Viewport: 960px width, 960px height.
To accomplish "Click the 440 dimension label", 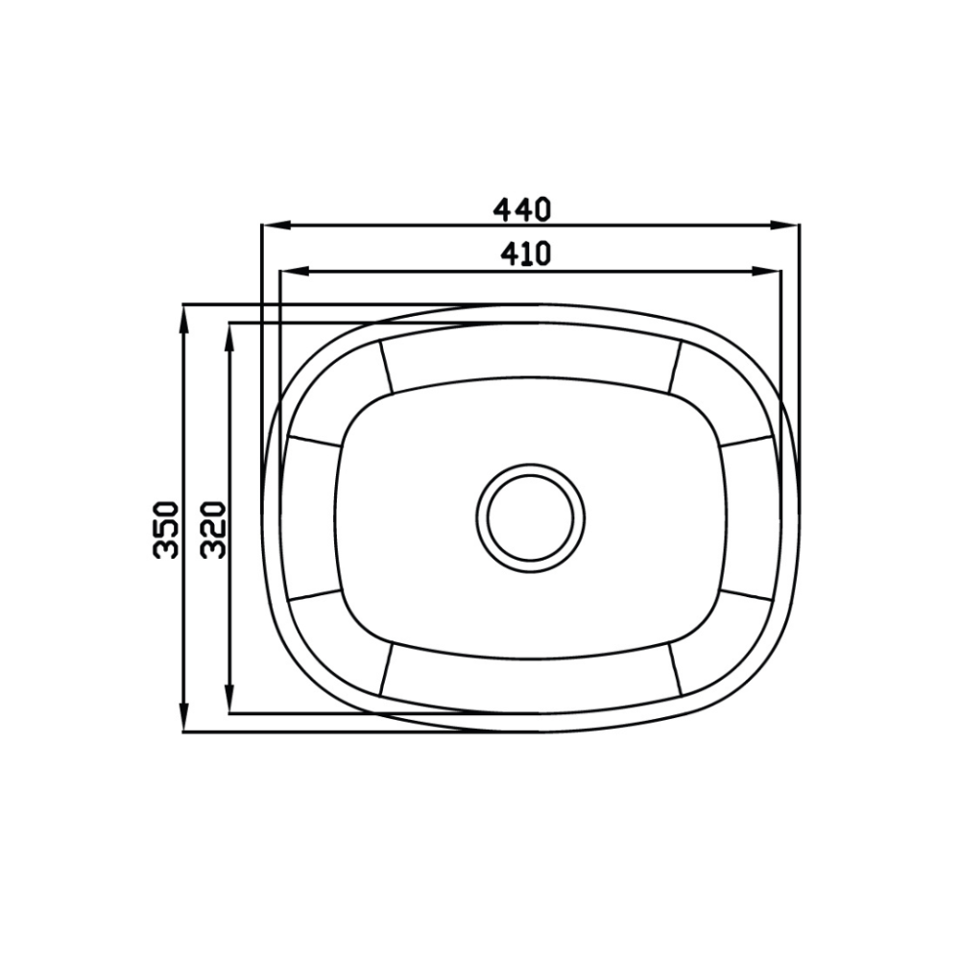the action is (x=522, y=210).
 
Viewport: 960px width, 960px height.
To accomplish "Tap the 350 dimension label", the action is (x=165, y=530).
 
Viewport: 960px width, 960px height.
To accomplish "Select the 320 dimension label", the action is (x=214, y=530).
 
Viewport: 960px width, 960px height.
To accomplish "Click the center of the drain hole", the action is (x=531, y=518).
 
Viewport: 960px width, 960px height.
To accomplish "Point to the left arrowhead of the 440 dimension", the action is (x=275, y=226).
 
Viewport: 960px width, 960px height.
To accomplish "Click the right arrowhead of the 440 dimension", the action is (x=785, y=226).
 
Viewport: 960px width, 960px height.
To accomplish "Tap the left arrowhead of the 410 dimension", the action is (x=293, y=270).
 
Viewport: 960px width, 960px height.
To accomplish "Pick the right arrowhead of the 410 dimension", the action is (x=767, y=270).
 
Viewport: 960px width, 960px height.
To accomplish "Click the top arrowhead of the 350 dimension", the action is (x=183, y=319).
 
